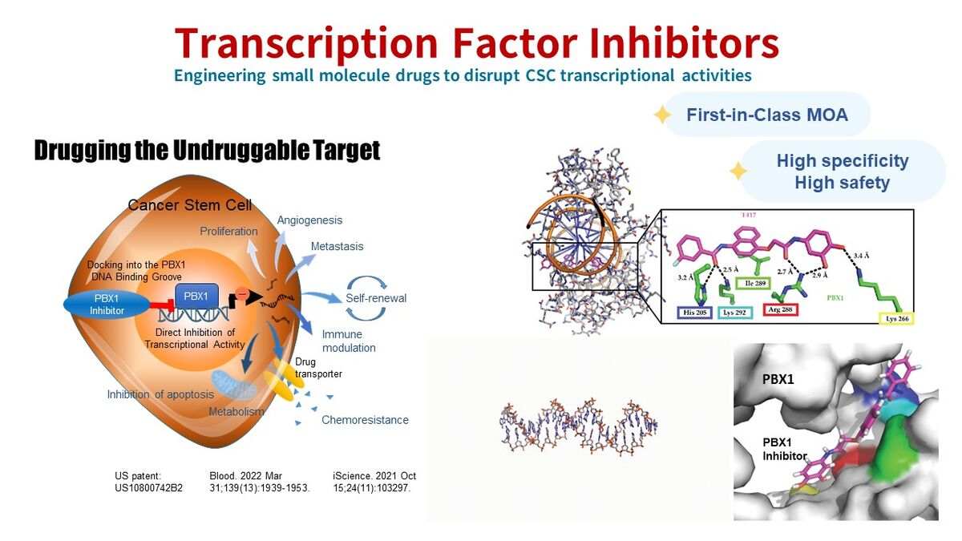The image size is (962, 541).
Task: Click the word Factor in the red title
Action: point(515,43)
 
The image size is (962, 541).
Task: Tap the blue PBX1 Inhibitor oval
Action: point(107,305)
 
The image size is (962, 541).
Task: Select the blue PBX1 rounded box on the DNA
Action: point(196,297)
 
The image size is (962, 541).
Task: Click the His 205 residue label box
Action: point(694,313)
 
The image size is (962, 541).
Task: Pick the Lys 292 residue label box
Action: point(735,313)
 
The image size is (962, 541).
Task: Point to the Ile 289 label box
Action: point(754,284)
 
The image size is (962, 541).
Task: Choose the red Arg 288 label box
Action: point(780,309)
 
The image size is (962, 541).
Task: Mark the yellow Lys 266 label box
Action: point(897,319)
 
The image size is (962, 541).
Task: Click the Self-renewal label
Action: point(376,298)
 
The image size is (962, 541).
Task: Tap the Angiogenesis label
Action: point(309,220)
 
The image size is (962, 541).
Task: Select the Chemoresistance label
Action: point(365,420)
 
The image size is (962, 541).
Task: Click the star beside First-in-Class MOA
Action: point(662,115)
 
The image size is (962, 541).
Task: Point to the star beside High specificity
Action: point(738,171)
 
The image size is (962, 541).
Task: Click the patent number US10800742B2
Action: point(148,488)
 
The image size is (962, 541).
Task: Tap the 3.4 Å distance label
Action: point(861,256)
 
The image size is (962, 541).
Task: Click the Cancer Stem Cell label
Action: point(190,205)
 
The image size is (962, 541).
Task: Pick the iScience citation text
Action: point(374,482)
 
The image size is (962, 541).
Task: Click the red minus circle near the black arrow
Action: point(242,293)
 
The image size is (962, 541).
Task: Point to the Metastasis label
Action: point(338,247)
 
